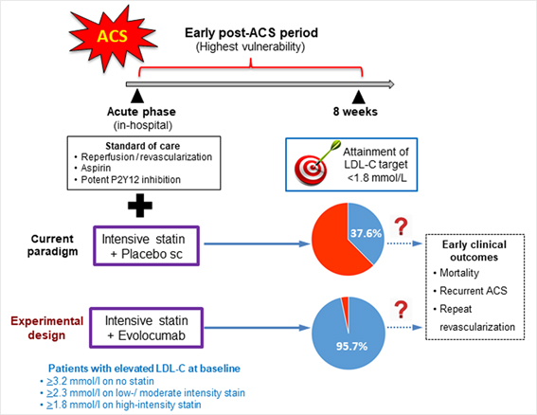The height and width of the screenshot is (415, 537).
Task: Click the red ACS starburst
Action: (x=113, y=37)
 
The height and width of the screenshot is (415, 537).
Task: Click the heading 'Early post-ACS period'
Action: (x=251, y=33)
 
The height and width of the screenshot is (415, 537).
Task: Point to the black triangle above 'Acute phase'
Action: (x=137, y=97)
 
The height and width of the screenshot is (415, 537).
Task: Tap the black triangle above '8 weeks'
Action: (x=359, y=97)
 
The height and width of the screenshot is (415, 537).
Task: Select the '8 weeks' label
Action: (x=355, y=112)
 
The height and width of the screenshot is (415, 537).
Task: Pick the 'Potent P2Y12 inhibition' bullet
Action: (x=131, y=180)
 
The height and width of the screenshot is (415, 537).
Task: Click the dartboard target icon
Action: (x=315, y=164)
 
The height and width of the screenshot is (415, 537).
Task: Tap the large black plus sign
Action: (x=140, y=206)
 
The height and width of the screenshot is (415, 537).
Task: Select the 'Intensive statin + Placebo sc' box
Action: (x=146, y=245)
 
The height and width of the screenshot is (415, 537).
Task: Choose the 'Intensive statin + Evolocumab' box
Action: (x=146, y=328)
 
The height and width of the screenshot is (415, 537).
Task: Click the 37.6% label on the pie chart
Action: (x=366, y=233)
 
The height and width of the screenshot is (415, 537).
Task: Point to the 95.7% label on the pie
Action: (x=351, y=346)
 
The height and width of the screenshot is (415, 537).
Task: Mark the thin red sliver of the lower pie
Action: (x=346, y=309)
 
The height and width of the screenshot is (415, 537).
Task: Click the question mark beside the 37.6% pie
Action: (x=401, y=226)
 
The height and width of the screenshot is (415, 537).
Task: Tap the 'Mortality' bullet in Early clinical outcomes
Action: (x=459, y=273)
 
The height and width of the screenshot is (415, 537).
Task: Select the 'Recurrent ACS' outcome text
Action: (x=474, y=291)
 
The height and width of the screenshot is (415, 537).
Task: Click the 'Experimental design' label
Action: (x=47, y=328)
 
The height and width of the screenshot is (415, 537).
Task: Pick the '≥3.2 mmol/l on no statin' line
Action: (x=100, y=381)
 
